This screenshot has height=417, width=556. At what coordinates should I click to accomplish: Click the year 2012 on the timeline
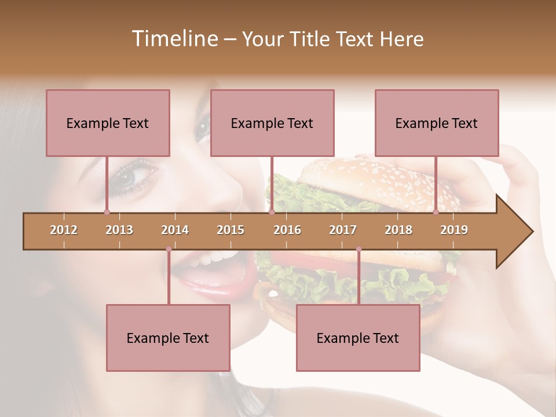tap(64, 230)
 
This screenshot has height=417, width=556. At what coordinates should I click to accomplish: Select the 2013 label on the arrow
tap(119, 230)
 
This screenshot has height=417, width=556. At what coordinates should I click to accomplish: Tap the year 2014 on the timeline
tap(175, 230)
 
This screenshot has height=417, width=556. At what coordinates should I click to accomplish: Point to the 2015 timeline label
tap(231, 230)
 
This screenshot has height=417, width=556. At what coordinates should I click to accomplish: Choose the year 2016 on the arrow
tap(287, 230)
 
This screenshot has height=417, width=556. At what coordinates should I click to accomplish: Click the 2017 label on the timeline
tap(343, 230)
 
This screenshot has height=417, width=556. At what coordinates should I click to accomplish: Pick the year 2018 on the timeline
tap(398, 230)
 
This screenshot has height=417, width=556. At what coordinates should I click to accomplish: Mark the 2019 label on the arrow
tap(454, 230)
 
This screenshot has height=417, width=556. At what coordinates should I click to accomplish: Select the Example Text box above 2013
tap(108, 123)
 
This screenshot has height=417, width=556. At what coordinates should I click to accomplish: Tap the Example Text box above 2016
tap(272, 123)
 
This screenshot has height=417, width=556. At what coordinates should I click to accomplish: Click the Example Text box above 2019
tap(437, 123)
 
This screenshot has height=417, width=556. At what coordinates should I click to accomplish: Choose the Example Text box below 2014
tap(168, 338)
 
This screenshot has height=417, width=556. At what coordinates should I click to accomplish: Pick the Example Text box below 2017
tap(358, 338)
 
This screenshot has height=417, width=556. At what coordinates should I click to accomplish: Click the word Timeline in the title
tap(174, 39)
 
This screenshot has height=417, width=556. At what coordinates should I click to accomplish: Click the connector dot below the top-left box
tap(107, 212)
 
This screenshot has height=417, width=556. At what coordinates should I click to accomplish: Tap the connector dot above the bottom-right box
tap(359, 249)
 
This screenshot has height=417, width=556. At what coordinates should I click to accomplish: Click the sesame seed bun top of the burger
tap(371, 177)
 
